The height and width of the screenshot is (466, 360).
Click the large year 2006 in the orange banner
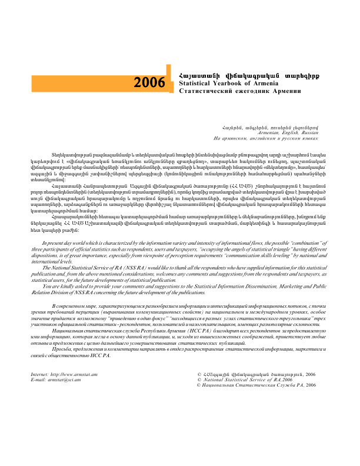point(149,82)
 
